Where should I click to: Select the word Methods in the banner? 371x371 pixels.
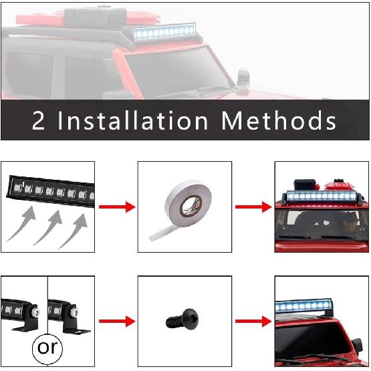click(279, 121)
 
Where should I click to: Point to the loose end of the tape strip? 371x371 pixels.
click(155, 235)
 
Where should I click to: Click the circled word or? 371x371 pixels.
click(47, 348)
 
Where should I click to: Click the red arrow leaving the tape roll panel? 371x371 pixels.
click(253, 207)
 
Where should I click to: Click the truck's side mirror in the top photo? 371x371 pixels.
click(243, 78)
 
